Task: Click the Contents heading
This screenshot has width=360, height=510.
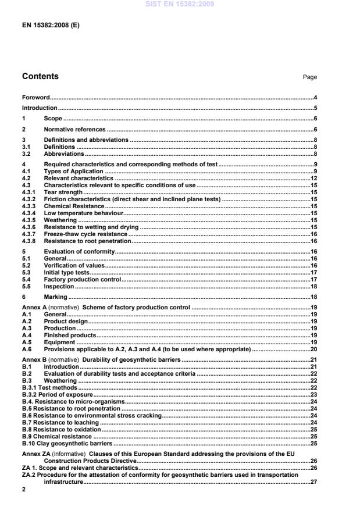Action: (40, 76)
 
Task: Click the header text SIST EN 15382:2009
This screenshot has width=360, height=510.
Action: (180, 4)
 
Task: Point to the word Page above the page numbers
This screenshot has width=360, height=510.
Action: (310, 77)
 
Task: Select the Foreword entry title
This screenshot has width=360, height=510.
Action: (35, 97)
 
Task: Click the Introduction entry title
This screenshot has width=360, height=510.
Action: (40, 108)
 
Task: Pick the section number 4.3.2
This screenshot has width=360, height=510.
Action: (29, 199)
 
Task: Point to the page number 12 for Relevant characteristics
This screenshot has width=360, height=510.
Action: (313, 179)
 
